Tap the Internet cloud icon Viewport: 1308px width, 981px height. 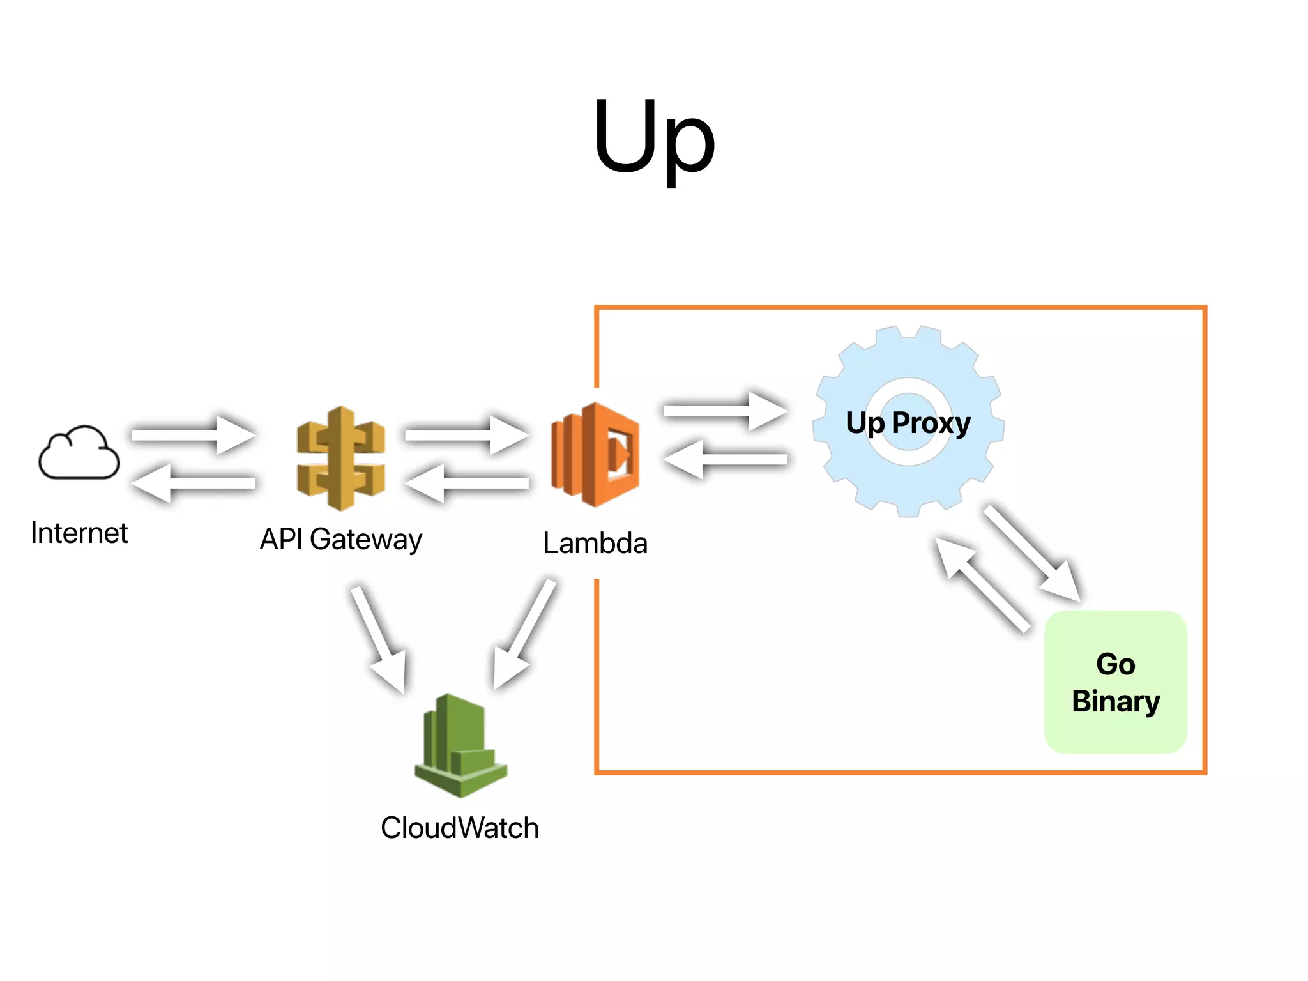point(79,453)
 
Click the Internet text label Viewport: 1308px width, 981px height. point(79,533)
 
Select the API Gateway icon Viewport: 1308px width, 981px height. point(341,458)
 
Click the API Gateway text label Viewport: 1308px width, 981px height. point(340,540)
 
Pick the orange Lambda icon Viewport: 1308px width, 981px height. point(595,455)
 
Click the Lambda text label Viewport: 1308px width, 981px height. point(595,544)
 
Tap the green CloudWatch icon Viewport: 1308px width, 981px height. point(460,746)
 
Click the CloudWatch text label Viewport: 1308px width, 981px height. point(460,828)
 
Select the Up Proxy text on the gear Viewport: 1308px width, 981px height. point(908,423)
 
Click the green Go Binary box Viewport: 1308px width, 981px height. point(1115,682)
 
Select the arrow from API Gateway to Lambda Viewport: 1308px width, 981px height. point(466,435)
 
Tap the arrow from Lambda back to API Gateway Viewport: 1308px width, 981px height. point(466,483)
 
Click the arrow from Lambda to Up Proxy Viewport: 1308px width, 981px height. point(725,411)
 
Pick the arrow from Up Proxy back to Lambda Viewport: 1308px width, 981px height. point(725,459)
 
